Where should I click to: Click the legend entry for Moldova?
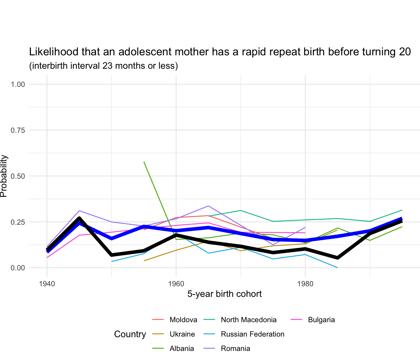(183, 320)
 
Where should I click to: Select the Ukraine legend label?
(182, 334)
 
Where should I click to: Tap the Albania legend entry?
(182, 348)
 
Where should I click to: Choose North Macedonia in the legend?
(248, 320)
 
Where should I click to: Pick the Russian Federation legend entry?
(252, 334)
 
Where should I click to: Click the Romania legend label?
(235, 348)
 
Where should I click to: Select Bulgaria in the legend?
(321, 320)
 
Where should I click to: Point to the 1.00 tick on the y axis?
(18, 84)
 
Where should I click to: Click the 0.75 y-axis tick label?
(18, 130)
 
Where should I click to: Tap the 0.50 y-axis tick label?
(18, 176)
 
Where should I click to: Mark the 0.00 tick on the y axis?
(18, 268)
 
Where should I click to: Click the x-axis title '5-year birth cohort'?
(224, 294)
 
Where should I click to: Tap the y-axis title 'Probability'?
(4, 176)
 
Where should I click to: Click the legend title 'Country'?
(130, 334)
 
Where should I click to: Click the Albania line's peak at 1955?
(144, 162)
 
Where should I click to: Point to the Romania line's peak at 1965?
(208, 206)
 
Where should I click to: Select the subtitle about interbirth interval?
(103, 66)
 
